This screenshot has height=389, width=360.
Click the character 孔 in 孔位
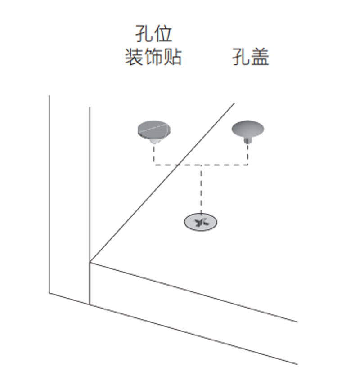(x=142, y=34)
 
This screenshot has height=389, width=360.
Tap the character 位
(x=163, y=34)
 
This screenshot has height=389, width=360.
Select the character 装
(x=133, y=57)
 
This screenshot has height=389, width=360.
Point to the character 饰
(x=153, y=57)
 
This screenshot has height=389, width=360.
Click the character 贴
(x=173, y=57)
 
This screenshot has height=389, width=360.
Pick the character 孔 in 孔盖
(x=241, y=57)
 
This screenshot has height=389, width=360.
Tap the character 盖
(x=261, y=57)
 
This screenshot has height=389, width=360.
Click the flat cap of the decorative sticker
(x=154, y=129)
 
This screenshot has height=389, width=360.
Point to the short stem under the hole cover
(x=247, y=140)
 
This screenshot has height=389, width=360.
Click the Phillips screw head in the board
(x=201, y=222)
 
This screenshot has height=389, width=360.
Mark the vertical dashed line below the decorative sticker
(x=154, y=154)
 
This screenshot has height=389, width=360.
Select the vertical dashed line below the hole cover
(x=247, y=154)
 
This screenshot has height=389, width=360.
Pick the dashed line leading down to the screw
(x=201, y=189)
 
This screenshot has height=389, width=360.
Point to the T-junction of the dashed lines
(x=201, y=165)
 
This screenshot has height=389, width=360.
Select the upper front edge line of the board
(x=193, y=291)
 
